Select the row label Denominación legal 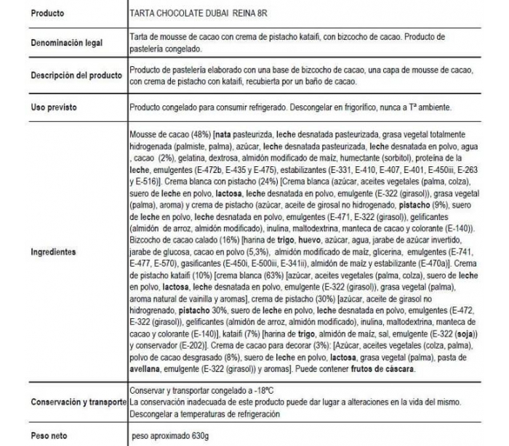65,44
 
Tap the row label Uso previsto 54,108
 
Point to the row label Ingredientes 53,253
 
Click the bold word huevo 295,239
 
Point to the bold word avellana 148,370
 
